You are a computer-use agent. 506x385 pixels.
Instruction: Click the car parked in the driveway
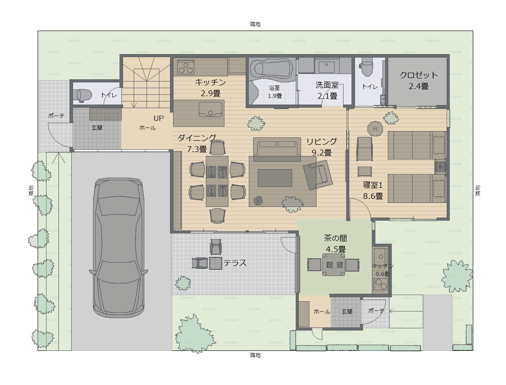pyautogui.click(x=119, y=248)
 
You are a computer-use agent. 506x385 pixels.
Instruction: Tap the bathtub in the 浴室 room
pyautogui.click(x=273, y=69)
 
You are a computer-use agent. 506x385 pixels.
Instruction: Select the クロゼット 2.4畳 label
pyautogui.click(x=418, y=81)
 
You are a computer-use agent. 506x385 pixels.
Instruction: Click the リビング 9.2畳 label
pyautogui.click(x=321, y=147)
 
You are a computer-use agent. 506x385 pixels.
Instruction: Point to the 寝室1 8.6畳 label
pyautogui.click(x=373, y=190)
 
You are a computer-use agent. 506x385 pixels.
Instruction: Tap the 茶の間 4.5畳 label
pyautogui.click(x=336, y=244)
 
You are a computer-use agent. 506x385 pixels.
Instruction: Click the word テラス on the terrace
pyautogui.click(x=235, y=263)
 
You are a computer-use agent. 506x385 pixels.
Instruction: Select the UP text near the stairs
pyautogui.click(x=158, y=118)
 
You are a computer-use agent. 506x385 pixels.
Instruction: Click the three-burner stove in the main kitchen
pyautogui.click(x=185, y=67)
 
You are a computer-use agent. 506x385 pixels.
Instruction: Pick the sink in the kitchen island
pyautogui.click(x=210, y=109)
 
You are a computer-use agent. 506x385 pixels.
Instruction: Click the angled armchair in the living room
pyautogui.click(x=318, y=175)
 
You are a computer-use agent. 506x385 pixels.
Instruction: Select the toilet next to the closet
pyautogui.click(x=367, y=66)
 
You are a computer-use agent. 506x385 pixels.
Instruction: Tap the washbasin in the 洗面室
pyautogui.click(x=327, y=66)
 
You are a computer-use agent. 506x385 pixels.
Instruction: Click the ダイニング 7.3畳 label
pyautogui.click(x=197, y=144)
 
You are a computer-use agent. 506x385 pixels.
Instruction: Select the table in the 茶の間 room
pyautogui.click(x=334, y=264)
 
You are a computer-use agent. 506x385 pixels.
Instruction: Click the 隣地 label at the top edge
pyautogui.click(x=255, y=24)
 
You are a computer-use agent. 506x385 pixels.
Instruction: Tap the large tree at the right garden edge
pyautogui.click(x=456, y=276)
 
